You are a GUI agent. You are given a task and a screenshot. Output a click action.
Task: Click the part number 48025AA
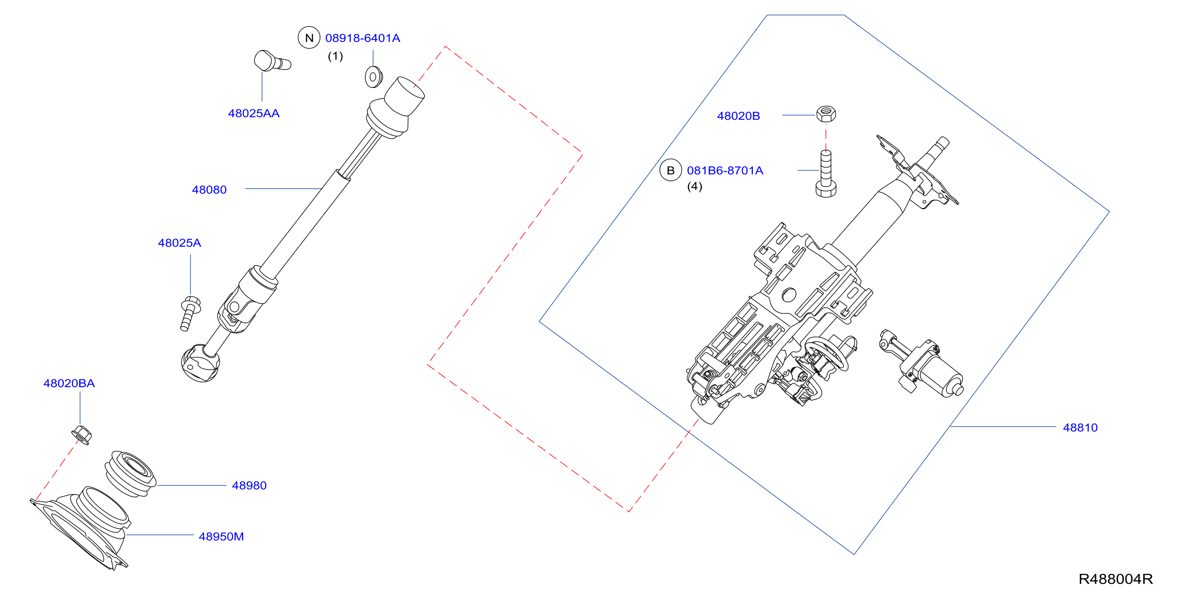[x=254, y=113]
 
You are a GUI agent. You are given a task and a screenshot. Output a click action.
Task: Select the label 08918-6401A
[x=362, y=38]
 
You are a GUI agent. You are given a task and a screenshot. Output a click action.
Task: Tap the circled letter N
[x=309, y=38]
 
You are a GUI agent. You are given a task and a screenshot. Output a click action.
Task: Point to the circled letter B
[x=671, y=170]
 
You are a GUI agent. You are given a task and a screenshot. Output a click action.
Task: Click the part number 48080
[x=209, y=190]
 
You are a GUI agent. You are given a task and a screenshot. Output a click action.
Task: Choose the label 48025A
[x=180, y=243]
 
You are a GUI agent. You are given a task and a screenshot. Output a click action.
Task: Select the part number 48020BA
[x=69, y=383]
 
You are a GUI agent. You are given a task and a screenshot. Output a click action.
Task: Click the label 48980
[x=249, y=486]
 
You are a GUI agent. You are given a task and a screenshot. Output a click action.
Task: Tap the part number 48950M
[x=221, y=537]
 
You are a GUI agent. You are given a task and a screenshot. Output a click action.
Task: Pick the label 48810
[x=1080, y=428]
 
